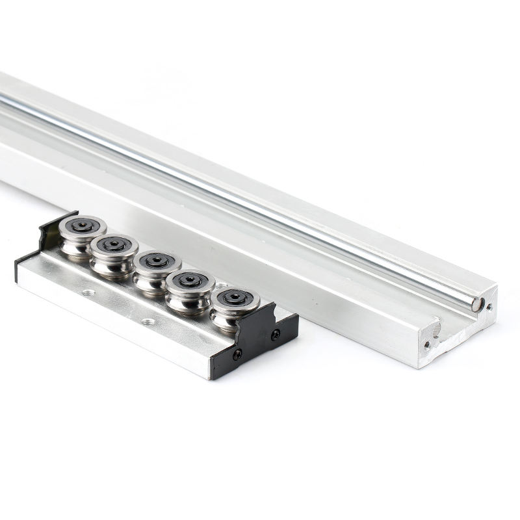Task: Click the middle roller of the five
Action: click(157, 267)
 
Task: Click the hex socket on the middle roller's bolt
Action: click(157, 261)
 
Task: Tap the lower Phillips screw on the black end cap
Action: click(237, 354)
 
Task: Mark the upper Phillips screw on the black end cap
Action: click(276, 334)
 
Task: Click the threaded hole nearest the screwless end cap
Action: click(88, 292)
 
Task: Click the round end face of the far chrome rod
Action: click(478, 302)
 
